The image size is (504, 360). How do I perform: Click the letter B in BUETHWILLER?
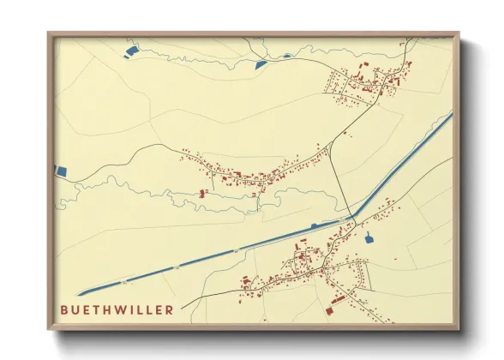[x=65, y=309]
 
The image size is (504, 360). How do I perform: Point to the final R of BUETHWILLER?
[x=170, y=309]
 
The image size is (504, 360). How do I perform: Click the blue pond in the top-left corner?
[x=130, y=52]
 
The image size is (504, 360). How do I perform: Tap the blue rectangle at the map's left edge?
[x=60, y=171]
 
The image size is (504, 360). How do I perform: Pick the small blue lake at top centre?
[x=262, y=63]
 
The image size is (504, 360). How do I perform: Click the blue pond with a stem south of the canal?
[x=369, y=237]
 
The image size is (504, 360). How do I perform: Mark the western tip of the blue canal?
[x=79, y=293]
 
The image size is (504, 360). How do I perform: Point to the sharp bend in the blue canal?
[x=354, y=217]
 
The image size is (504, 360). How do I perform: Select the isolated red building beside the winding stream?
[x=203, y=193]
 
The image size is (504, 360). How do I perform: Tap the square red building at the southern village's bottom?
[x=338, y=301]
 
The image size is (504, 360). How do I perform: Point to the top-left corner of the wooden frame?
[x=49, y=33]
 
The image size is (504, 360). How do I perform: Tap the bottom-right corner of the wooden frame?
[x=459, y=328]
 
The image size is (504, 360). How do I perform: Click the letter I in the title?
[x=131, y=309]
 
